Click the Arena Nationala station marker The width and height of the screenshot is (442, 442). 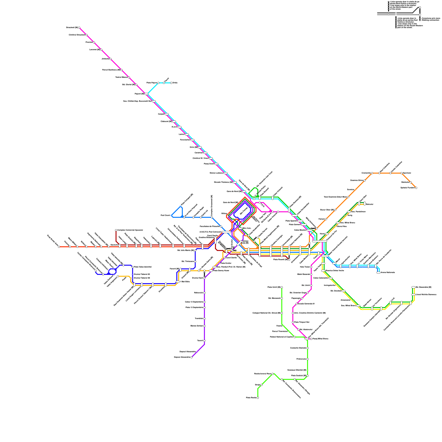coord(378,273)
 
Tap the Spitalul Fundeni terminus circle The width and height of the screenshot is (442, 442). coord(416,188)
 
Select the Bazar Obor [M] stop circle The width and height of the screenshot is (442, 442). coord(335,210)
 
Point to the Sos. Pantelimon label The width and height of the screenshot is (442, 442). coord(358,212)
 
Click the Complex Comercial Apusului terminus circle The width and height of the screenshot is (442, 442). coord(116,230)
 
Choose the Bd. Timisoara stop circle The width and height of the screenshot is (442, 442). coord(195,261)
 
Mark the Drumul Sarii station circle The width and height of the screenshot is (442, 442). coord(204,278)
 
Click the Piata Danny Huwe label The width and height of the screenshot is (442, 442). coord(221,271)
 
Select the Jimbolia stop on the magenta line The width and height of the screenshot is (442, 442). coord(110,59)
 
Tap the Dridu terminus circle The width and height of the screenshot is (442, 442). coord(171,83)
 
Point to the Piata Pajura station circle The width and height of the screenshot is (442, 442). coord(158,83)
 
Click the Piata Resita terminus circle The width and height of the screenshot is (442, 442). coord(258,398)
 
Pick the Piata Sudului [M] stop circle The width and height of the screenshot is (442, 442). coord(307,376)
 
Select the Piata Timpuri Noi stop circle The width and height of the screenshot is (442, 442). coord(293,322)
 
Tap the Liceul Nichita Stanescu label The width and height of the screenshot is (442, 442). coord(426,294)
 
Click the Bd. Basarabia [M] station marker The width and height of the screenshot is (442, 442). coord(413,287)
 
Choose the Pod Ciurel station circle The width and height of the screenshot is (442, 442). coord(171,215)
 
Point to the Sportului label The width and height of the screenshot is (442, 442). coord(407,173)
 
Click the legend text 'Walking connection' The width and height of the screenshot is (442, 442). coord(431,20)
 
